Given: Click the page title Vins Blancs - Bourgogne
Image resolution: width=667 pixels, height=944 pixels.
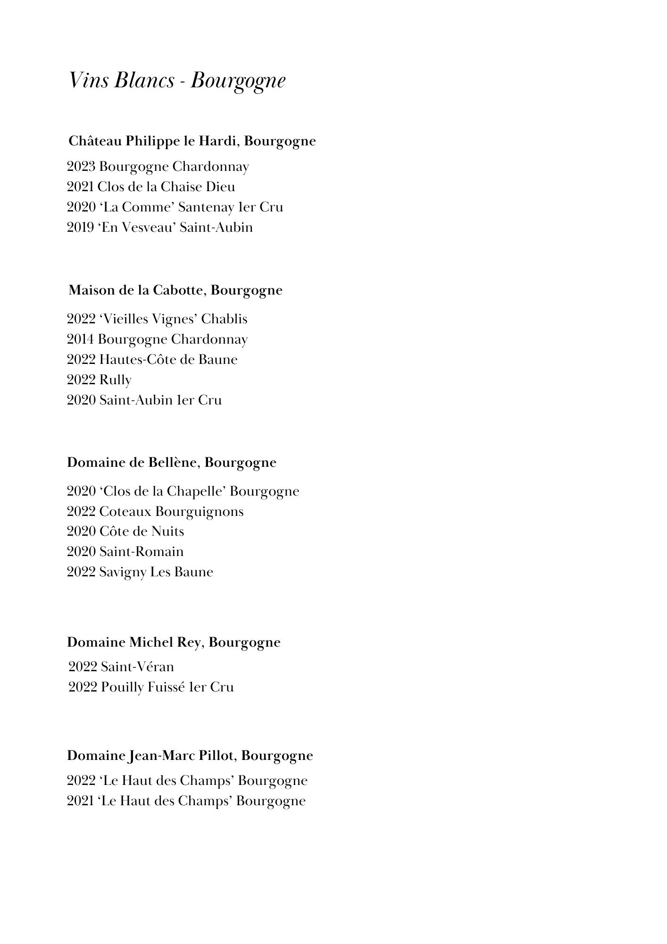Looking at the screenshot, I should [177, 81].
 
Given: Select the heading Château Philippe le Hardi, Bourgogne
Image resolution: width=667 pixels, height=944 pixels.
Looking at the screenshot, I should [192, 141].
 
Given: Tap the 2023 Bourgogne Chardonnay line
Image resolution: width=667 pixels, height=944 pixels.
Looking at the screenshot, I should [158, 167].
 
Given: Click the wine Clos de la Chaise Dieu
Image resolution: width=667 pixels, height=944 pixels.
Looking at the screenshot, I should [166, 187].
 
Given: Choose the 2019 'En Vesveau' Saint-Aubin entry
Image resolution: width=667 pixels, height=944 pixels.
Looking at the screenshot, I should [159, 228].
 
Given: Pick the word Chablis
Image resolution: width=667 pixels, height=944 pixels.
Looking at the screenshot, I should [224, 319].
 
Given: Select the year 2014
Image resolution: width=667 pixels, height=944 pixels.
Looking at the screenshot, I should [80, 339].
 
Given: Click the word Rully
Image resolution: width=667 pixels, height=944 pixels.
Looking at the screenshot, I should [115, 380].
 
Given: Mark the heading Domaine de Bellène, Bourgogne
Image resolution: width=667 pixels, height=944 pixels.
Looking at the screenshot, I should [171, 463].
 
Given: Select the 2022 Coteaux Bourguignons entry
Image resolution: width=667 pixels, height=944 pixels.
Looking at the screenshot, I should [155, 512].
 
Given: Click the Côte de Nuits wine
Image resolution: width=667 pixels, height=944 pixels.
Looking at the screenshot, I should [142, 531].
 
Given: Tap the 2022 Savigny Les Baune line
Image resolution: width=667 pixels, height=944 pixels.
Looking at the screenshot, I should [140, 572].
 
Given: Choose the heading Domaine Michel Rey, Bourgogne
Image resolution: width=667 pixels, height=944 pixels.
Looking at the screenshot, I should [174, 642].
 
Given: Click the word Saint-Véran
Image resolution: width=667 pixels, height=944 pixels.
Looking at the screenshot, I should [137, 667].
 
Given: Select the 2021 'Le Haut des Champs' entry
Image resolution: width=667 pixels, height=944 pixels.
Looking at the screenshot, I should [186, 801].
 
